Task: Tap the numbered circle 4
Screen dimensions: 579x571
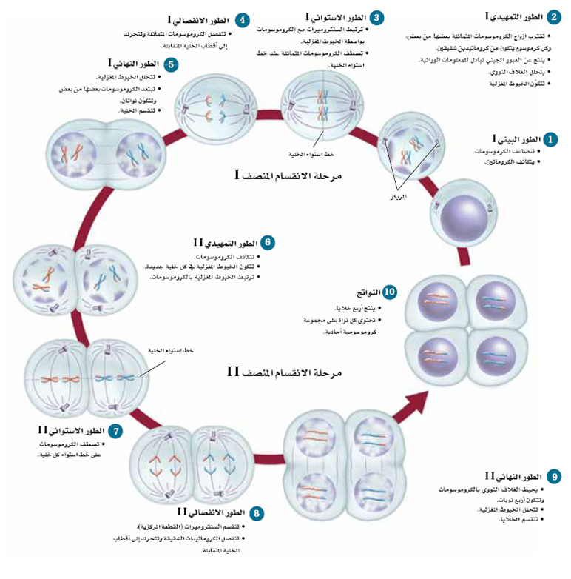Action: pyautogui.click(x=242, y=19)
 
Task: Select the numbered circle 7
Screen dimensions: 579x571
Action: pyautogui.click(x=115, y=430)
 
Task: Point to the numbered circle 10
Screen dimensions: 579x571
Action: pyautogui.click(x=390, y=292)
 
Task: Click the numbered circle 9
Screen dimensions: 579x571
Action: pyautogui.click(x=555, y=476)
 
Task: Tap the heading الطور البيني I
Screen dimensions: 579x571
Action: pyautogui.click(x=517, y=139)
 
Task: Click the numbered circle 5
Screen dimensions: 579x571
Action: pyautogui.click(x=171, y=64)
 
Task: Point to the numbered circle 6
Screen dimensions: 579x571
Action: pyautogui.click(x=268, y=242)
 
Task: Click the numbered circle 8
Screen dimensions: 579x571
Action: pyautogui.click(x=256, y=512)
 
